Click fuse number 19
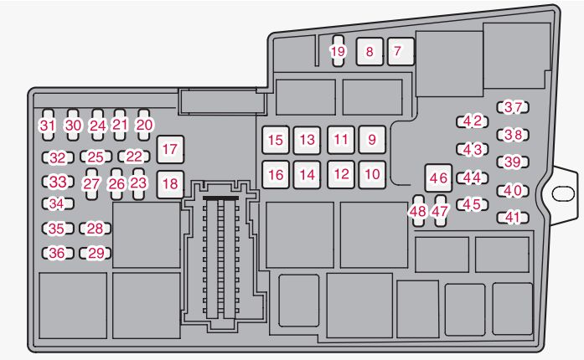pos(338,52)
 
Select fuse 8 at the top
pos(370,51)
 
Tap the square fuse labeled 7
pos(398,51)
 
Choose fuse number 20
pos(145,125)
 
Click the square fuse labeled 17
pos(170,150)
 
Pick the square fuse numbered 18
pos(170,183)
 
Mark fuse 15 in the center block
pos(276,140)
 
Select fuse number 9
pos(373,140)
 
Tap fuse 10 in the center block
pos(373,174)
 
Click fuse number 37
pos(514,107)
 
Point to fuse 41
pos(514,218)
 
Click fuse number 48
pos(418,211)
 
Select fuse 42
pos(473,121)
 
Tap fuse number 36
pos(56,253)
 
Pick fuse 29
pos(96,253)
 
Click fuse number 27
pos(92,183)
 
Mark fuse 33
pos(56,181)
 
